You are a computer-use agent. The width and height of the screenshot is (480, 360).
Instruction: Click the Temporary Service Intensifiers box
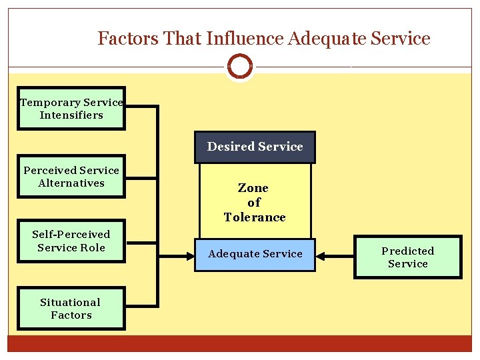coord(71,108)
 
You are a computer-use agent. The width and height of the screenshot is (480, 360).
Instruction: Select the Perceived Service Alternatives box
coord(71,177)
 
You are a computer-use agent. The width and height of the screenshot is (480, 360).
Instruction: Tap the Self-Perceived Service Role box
coord(71,241)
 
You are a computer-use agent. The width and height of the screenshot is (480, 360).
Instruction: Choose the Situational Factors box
coord(71,309)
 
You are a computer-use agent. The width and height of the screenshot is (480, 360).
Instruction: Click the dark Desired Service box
coord(255,147)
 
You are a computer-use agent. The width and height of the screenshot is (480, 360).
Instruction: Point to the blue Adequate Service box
coord(255,254)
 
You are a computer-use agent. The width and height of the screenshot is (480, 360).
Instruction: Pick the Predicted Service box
coord(407,257)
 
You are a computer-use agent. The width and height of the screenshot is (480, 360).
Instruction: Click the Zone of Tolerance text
coord(254,203)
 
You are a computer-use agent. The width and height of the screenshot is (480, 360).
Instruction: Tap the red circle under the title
coord(239,66)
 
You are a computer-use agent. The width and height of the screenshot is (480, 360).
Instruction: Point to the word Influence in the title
coord(245,39)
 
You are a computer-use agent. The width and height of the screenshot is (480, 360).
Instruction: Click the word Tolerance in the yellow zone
coord(255,217)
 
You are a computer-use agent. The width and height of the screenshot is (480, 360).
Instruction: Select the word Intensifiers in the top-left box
coord(71,115)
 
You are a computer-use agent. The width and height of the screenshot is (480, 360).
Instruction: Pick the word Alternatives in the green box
coord(71,183)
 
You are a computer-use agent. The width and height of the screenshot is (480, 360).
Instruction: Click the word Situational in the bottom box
coord(70,302)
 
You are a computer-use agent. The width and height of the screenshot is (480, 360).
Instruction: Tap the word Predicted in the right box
coord(407,251)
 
